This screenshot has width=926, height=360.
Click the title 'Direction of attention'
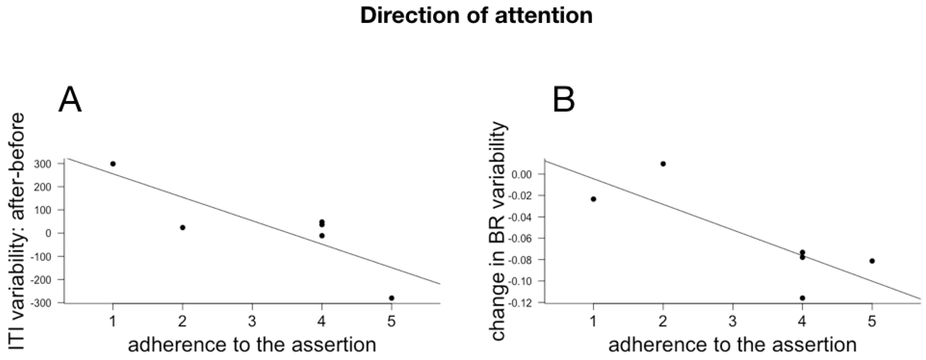tap(476, 16)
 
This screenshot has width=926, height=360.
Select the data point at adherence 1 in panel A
tap(113, 164)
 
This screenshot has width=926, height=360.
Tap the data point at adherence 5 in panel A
tap(391, 298)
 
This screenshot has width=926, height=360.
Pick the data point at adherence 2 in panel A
tap(183, 227)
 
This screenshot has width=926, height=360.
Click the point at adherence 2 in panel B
tap(663, 164)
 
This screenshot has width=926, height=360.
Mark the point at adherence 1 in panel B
tap(593, 199)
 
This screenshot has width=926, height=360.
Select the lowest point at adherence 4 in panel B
tap(802, 298)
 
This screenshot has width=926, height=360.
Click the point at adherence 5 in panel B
tap(872, 261)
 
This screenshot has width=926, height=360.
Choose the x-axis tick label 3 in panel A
tap(252, 321)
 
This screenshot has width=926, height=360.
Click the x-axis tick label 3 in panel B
tap(733, 321)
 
